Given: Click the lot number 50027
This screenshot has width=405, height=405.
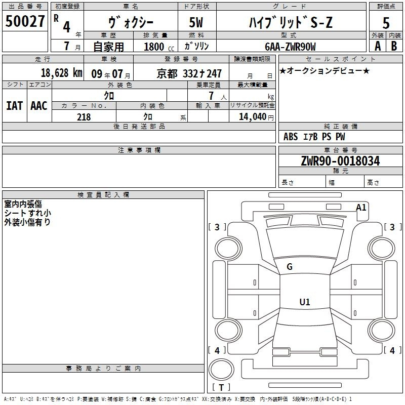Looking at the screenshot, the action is point(25,21).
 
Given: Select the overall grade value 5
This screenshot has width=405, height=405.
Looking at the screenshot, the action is point(386,23).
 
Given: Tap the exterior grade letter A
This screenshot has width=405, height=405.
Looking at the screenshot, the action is point(378,46).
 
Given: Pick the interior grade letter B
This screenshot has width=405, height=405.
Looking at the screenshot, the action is point(394,46).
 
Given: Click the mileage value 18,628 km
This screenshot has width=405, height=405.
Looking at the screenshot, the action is point(62,73).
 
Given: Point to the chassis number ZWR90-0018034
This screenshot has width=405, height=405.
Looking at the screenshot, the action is point(340,161).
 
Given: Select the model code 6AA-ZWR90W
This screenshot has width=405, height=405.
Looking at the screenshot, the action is point(290,47).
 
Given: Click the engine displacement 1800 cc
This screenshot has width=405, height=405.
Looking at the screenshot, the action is point(159,47).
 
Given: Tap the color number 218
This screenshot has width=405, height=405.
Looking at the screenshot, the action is point(84,117).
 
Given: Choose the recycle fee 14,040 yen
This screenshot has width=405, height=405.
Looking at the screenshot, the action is point(256,117).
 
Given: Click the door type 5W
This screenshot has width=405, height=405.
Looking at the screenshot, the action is point(196,22).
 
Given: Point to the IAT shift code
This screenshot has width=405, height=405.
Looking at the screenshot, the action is point(15,106).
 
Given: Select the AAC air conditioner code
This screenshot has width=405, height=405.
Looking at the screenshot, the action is point(39,106).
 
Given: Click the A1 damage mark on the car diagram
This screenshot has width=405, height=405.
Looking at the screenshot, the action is point(361,208).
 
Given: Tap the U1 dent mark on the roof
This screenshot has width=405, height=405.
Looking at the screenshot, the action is point(305,302).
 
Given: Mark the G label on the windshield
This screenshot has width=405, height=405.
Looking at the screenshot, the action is point(290,267).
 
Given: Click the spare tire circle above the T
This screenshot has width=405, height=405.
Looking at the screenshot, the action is point(221,370).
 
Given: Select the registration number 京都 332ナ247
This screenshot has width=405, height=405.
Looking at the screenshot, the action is point(189,73).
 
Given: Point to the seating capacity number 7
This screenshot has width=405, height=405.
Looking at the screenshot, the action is point(211,96).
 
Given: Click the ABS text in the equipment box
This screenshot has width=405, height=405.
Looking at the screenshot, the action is point(291,137).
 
